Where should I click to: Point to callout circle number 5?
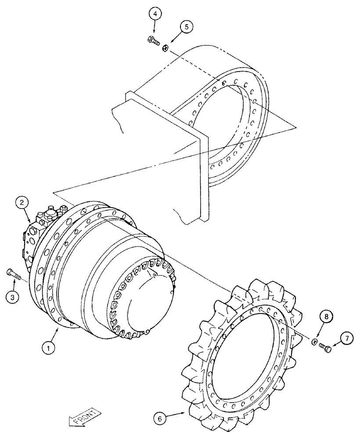(187, 27)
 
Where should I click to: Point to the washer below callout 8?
(314, 342)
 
